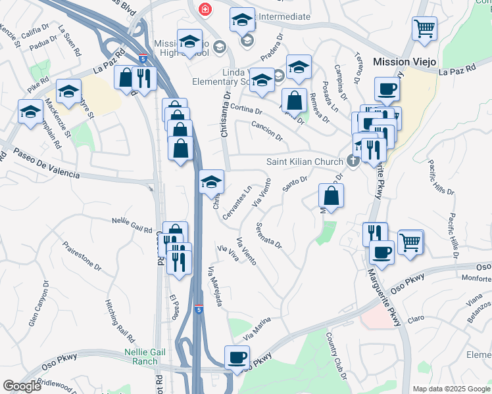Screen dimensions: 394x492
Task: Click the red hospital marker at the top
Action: (x=205, y=9)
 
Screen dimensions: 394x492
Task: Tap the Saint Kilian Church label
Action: (x=305, y=162)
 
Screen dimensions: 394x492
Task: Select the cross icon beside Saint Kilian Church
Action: (x=353, y=162)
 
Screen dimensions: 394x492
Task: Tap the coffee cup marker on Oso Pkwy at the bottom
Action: (x=237, y=358)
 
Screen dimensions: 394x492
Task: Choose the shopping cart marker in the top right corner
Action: (x=424, y=28)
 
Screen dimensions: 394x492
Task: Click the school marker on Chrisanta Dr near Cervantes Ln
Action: (x=211, y=182)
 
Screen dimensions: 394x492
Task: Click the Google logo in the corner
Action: (x=22, y=385)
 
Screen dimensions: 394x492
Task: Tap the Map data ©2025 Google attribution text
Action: (x=451, y=389)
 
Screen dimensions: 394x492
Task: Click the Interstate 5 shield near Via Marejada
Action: (x=199, y=309)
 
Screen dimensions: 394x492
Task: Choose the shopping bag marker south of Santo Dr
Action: (x=331, y=196)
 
